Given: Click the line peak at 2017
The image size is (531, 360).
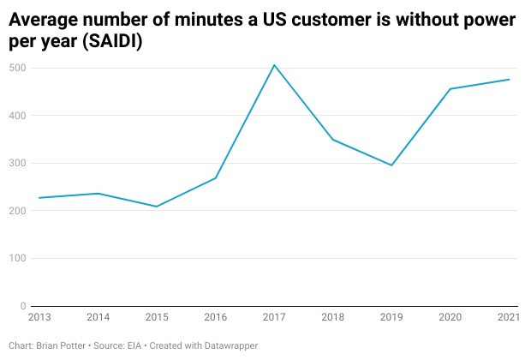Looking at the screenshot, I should pyautogui.click(x=274, y=65).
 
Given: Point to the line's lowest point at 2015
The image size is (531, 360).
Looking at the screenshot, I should pyautogui.click(x=157, y=207).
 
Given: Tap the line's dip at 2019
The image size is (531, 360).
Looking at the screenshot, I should pyautogui.click(x=391, y=165).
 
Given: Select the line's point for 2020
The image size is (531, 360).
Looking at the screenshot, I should pyautogui.click(x=450, y=89).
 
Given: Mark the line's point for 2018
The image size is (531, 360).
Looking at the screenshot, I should pyautogui.click(x=333, y=140).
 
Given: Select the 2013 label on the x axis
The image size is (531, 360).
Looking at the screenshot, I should pyautogui.click(x=39, y=318).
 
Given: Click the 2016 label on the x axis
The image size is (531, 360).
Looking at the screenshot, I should pyautogui.click(x=215, y=318).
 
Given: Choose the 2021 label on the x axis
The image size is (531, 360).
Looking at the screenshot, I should pyautogui.click(x=509, y=318).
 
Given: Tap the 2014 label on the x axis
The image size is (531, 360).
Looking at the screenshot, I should pyautogui.click(x=98, y=318).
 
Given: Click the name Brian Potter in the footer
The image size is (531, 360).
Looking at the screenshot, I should pyautogui.click(x=64, y=345).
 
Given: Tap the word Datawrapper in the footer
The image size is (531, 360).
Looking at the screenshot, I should pyautogui.click(x=230, y=345).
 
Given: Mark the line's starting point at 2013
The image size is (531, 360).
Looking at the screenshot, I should pyautogui.click(x=39, y=198).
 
